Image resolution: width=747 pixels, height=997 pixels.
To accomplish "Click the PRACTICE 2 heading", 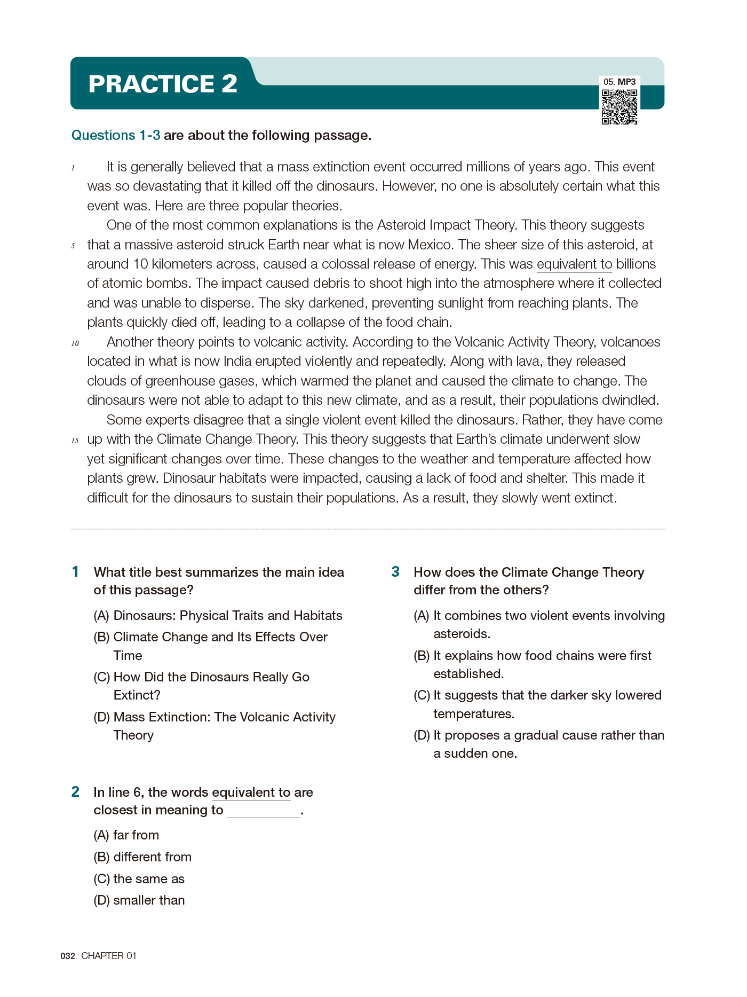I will (163, 84).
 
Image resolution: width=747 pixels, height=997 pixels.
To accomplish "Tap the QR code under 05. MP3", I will (619, 107).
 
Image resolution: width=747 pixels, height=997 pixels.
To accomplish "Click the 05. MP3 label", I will (619, 82).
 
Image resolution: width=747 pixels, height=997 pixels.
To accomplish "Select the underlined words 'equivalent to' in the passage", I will (574, 264).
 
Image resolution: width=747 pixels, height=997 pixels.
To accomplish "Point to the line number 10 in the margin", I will (75, 343).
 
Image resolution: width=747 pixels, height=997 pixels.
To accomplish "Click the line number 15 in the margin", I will (75, 441).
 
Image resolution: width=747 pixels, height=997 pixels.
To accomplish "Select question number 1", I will (76, 572).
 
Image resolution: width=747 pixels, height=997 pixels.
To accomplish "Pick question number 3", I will (395, 572).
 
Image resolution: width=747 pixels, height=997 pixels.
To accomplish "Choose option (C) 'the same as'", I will (139, 878).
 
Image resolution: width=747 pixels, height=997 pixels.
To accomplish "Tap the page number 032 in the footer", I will (68, 956).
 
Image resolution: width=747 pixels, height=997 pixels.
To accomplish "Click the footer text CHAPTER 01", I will (109, 956).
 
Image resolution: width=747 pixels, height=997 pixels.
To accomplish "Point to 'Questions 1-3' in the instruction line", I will (116, 136).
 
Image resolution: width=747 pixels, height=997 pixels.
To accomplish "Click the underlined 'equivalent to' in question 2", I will (251, 792).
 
